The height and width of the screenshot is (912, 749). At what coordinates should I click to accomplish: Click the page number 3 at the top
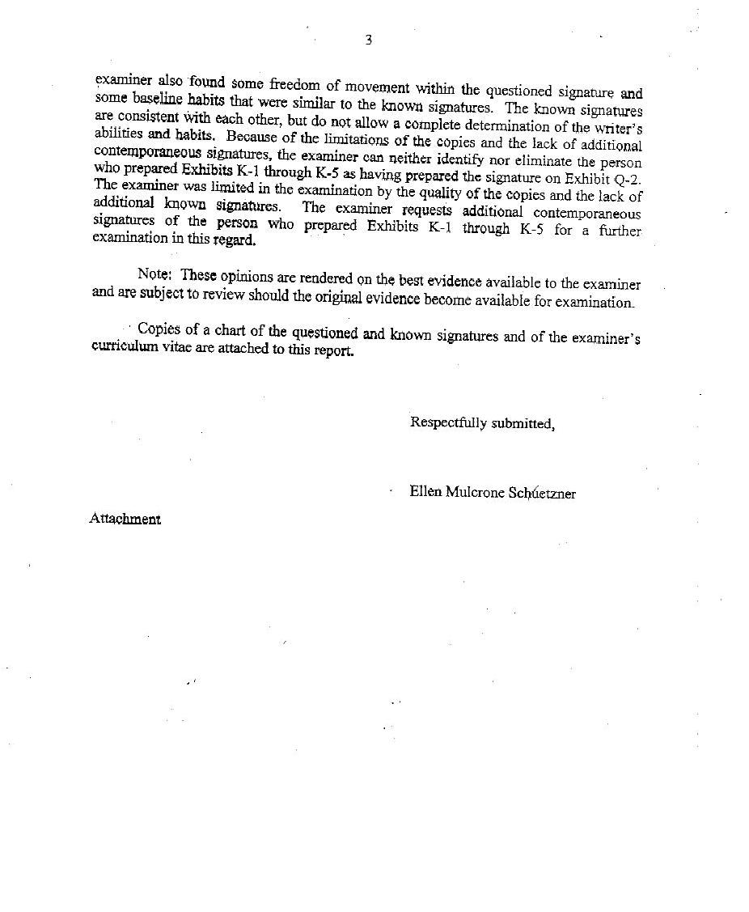click(368, 40)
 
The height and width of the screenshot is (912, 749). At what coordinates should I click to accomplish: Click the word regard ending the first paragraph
click(235, 240)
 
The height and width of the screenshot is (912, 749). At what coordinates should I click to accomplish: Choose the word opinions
click(243, 276)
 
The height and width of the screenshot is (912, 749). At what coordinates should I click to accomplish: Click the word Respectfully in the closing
click(448, 422)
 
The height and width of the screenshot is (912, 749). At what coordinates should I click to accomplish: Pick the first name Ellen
click(425, 491)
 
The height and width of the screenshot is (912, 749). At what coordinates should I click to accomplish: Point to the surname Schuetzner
click(542, 493)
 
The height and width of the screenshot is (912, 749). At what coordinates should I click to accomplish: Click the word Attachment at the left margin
click(125, 519)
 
